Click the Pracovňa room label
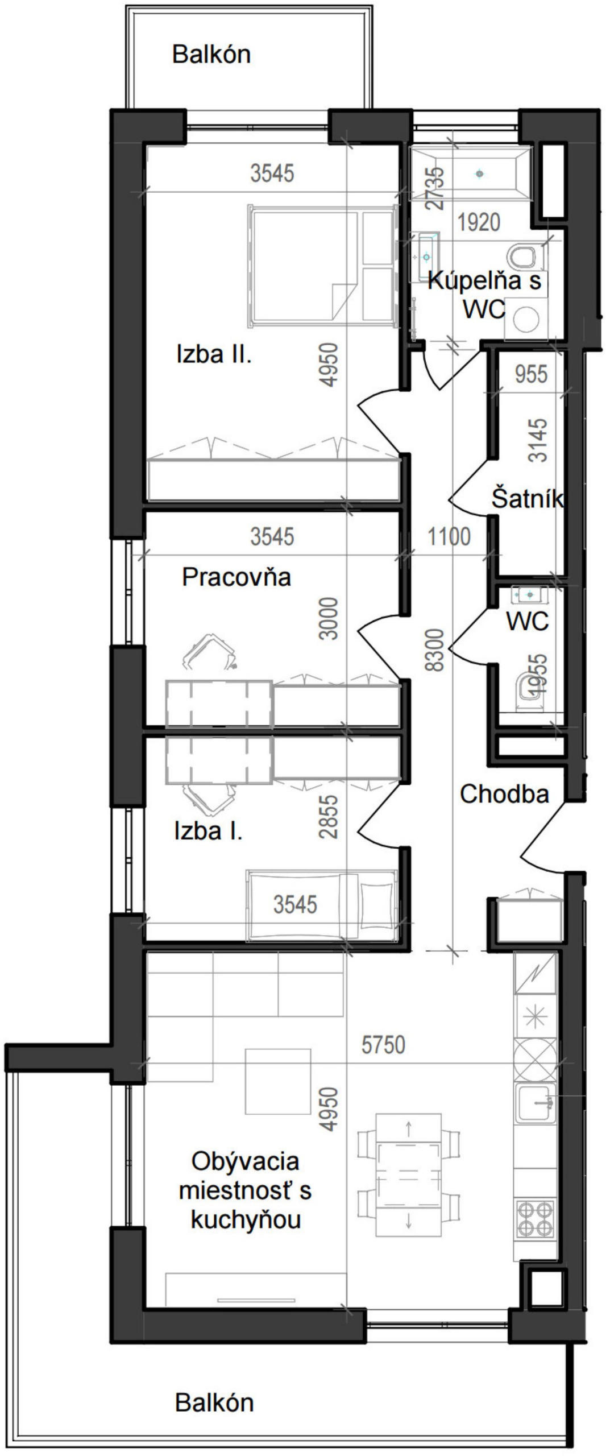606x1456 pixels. [236, 578]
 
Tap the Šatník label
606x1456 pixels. [528, 498]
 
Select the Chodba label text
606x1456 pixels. [504, 794]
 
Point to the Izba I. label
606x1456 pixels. [208, 832]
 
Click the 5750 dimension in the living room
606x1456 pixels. [383, 1045]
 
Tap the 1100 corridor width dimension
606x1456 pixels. [449, 536]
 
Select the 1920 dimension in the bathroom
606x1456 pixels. [479, 222]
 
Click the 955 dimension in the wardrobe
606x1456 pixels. [531, 374]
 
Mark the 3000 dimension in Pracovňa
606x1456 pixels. [329, 619]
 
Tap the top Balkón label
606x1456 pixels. [211, 55]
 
